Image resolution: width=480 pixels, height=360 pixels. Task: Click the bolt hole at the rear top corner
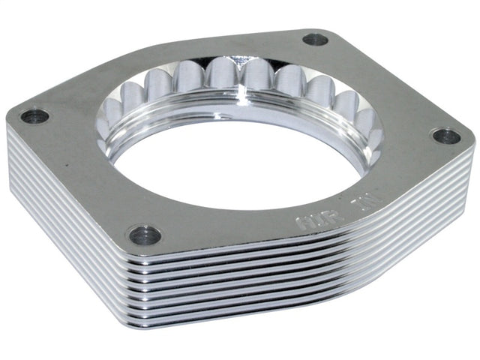pyautogui.click(x=316, y=39)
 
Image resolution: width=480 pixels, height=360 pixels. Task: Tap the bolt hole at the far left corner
pyautogui.click(x=34, y=116)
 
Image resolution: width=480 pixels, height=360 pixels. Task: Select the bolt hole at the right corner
pyautogui.click(x=447, y=136)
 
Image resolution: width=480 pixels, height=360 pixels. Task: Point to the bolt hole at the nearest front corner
pyautogui.click(x=145, y=235)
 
